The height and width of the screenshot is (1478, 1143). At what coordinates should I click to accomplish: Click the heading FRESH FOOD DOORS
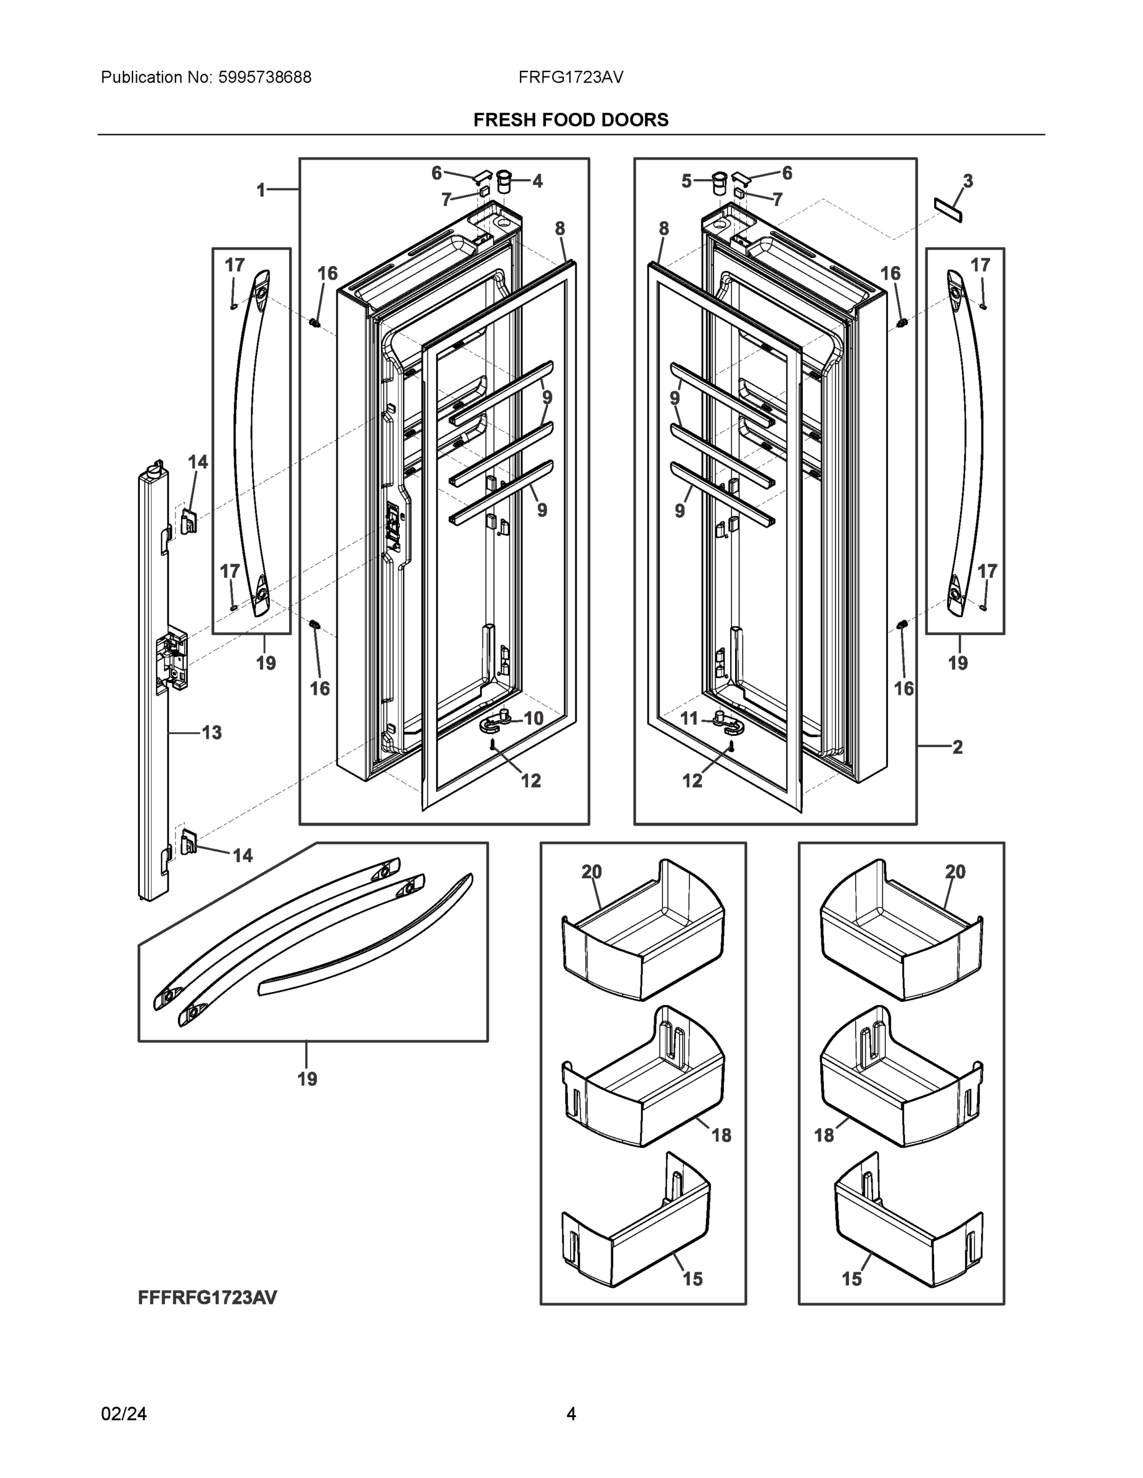(x=571, y=120)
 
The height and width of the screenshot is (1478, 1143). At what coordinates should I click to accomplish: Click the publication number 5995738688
(x=265, y=77)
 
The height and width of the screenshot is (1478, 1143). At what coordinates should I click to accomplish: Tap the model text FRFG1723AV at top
(x=571, y=77)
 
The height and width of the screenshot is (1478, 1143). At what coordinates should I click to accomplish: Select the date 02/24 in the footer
(x=124, y=1414)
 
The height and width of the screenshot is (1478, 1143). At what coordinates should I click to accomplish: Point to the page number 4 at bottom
(x=571, y=1414)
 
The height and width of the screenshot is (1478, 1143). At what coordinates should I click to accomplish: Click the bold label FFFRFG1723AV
(x=207, y=1298)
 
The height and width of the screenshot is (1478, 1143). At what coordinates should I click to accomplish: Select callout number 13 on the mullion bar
(x=212, y=732)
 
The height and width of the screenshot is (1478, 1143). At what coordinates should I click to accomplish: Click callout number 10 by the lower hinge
(x=534, y=718)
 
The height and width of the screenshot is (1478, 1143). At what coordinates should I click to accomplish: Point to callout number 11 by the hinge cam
(x=689, y=718)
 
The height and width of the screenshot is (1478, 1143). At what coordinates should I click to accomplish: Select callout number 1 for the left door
(x=261, y=190)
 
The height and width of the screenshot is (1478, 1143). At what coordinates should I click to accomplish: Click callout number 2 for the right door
(x=958, y=747)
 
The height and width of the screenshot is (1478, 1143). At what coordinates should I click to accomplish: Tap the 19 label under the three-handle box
(x=307, y=1079)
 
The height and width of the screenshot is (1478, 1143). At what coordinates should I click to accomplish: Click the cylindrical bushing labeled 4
(x=504, y=182)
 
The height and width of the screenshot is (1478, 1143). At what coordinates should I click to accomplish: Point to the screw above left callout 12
(x=493, y=745)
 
